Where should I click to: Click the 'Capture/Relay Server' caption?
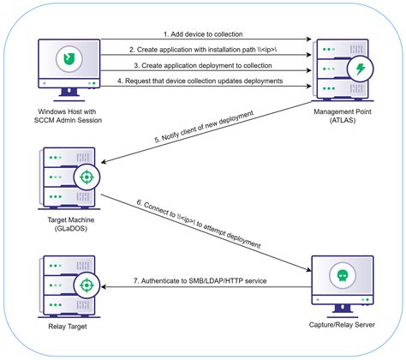pos(343,327)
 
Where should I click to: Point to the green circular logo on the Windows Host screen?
pos(64,58)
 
